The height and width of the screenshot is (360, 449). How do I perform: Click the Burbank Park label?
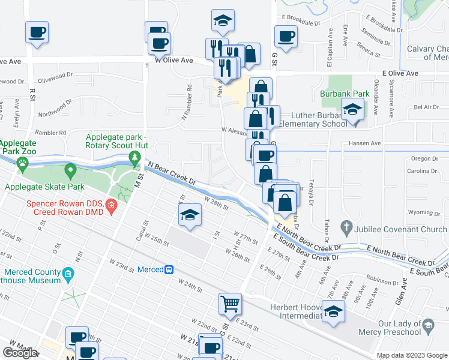coord(352,94)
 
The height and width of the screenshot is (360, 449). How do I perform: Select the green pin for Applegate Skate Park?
coord(71,173)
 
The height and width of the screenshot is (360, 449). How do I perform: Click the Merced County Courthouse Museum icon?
coord(68,275)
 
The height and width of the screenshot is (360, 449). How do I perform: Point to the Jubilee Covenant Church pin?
coord(345,227)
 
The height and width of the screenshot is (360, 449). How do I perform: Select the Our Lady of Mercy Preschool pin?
coord(428,326)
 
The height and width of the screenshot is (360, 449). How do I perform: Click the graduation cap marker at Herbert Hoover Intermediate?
coord(334,312)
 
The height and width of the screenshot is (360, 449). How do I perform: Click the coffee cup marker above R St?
coord(36,32)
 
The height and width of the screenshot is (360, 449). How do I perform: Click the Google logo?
coord(20,353)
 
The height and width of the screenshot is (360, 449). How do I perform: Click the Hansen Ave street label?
coord(365,144)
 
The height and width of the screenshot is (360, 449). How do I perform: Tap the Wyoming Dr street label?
coord(420,212)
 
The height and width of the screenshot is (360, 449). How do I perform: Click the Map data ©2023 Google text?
coord(411,355)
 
